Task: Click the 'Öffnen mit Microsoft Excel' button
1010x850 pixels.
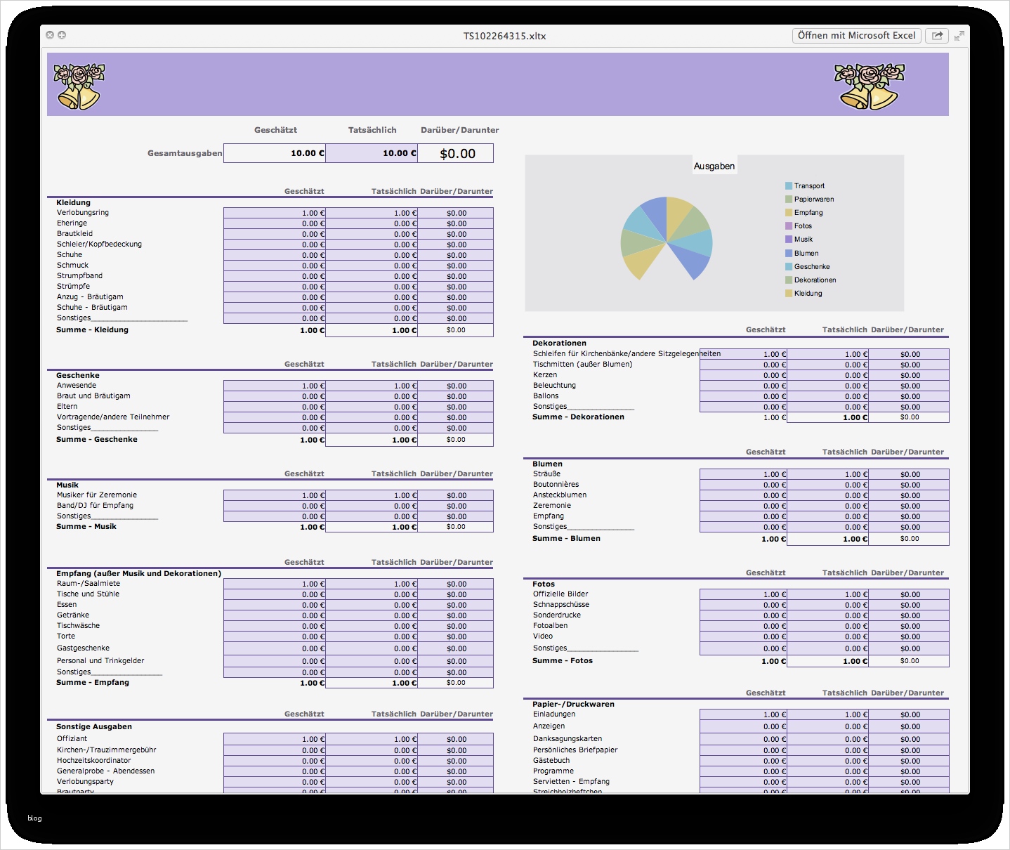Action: point(856,35)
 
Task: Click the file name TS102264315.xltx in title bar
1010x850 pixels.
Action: point(504,36)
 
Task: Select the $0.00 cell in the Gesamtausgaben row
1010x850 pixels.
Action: point(457,153)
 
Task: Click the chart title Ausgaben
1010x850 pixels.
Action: point(714,166)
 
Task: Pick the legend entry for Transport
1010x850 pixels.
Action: point(808,186)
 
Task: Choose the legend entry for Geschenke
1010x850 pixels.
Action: point(811,267)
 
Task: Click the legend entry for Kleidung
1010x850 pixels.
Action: point(807,294)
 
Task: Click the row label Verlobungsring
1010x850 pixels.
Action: point(83,213)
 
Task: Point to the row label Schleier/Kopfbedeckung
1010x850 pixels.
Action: point(99,244)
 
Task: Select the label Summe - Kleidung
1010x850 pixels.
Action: point(92,329)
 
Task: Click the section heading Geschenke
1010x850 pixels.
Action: point(78,375)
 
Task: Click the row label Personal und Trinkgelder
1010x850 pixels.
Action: point(100,661)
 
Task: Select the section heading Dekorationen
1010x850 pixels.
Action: point(559,343)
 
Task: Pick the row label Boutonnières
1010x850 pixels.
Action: point(556,485)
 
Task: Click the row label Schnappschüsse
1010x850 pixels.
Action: point(560,605)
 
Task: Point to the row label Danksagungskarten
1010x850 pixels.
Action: point(567,739)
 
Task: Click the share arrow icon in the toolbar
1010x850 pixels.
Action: point(937,36)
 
